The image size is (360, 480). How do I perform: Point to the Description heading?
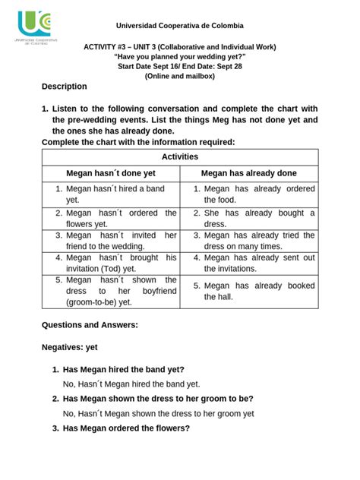point(65,87)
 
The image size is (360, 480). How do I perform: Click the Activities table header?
point(180,156)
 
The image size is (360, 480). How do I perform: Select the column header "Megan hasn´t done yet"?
point(111,173)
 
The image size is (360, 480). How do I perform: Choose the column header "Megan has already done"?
point(249,173)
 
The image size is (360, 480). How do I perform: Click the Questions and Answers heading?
point(89,326)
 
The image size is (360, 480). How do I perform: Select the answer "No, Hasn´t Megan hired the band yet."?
point(131,384)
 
